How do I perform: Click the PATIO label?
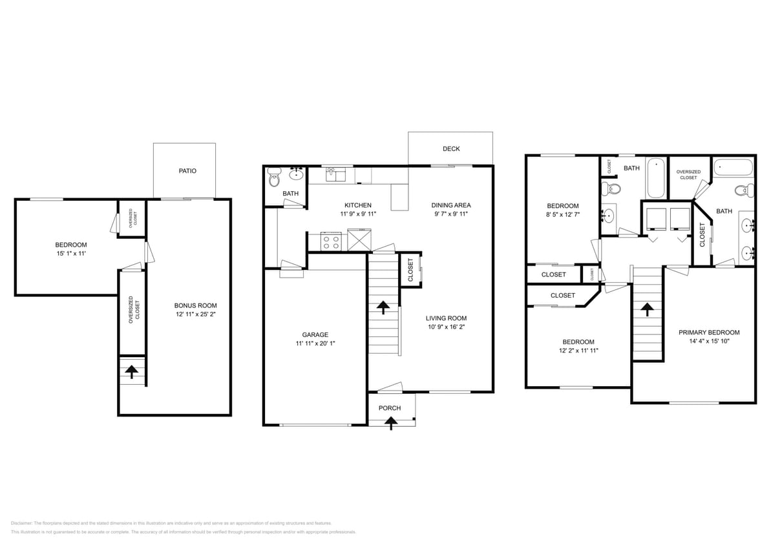187,171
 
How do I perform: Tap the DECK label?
451,149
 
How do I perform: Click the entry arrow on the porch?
390,422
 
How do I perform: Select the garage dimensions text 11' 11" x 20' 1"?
315,344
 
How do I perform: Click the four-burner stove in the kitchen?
331,242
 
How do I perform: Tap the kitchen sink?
336,173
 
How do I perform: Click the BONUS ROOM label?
195,305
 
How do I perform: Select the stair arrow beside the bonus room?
132,371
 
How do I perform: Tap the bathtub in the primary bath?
734,169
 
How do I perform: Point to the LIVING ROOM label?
446,318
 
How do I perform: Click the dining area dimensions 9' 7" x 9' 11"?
450,214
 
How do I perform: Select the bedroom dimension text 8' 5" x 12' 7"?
562,215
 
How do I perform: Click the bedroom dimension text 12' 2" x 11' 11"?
578,351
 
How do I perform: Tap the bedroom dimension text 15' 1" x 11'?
70,254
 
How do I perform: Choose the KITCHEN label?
357,205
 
